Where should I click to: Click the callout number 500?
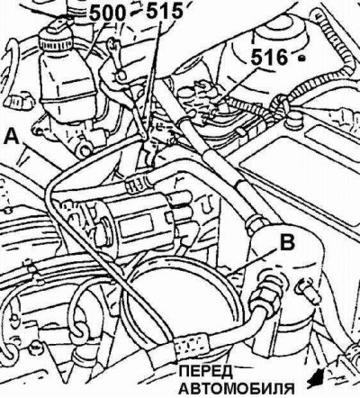(107, 13)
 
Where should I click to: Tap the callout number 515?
(165, 12)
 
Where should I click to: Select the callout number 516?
(269, 57)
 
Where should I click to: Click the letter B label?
(287, 242)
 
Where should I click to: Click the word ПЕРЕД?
(206, 372)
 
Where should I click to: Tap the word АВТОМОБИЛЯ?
(237, 389)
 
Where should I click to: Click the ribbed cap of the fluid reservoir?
(56, 42)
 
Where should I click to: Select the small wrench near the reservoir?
(116, 59)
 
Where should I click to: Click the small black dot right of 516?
(302, 58)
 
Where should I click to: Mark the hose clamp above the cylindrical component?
(137, 184)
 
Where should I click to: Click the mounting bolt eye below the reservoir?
(85, 149)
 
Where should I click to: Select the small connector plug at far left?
(19, 102)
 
